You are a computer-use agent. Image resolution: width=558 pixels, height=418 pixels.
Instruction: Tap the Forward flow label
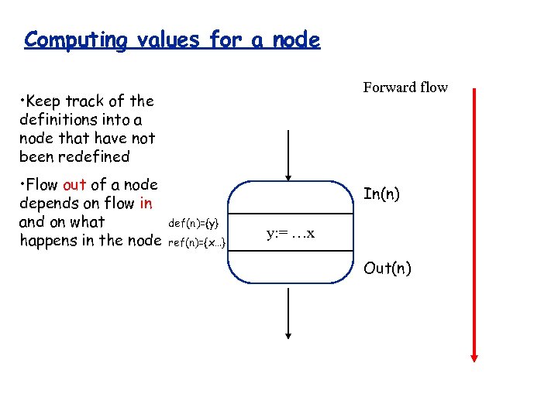point(405,87)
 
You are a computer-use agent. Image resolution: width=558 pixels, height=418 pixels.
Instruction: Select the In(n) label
point(381,194)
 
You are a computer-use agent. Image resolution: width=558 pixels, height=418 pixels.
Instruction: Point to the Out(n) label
point(387,268)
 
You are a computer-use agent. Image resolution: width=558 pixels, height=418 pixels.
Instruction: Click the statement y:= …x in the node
point(291,233)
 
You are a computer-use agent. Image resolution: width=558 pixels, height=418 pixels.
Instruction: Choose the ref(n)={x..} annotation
point(197,242)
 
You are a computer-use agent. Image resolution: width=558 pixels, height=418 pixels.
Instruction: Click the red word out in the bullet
point(74,185)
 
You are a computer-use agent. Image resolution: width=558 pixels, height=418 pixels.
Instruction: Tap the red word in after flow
point(146,203)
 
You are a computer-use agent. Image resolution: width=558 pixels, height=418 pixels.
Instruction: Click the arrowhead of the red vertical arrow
point(474,358)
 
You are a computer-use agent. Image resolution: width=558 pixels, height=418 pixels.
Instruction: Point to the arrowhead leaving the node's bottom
point(288,334)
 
